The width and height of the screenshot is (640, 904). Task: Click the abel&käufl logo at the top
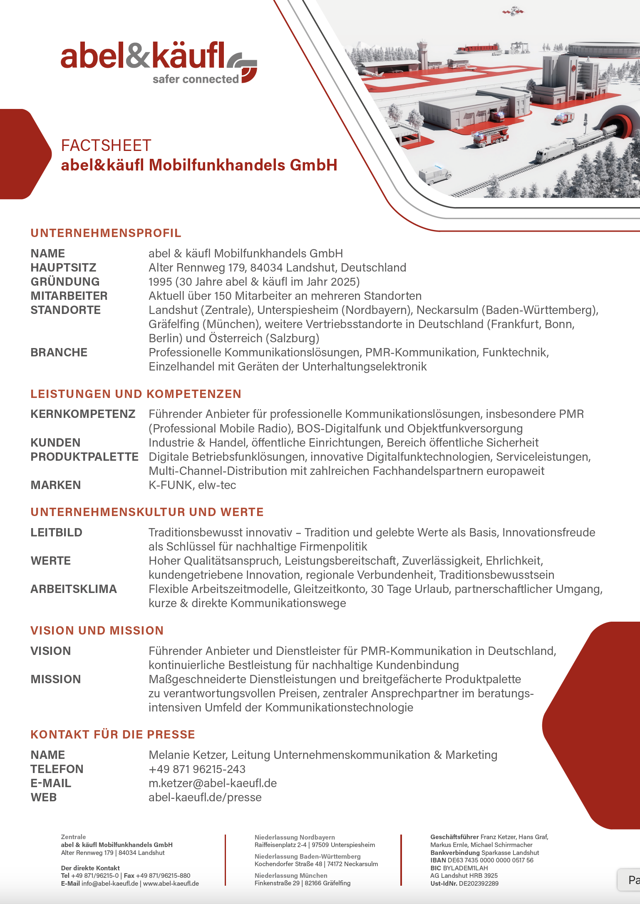[159, 62]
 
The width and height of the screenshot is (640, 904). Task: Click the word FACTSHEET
[106, 146]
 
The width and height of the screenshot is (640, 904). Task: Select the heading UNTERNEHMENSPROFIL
[106, 233]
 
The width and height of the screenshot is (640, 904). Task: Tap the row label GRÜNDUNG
[65, 282]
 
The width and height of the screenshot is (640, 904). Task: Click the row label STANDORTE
[65, 310]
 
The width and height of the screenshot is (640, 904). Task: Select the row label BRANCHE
[59, 352]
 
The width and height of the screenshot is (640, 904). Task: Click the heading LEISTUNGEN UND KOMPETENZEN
[136, 394]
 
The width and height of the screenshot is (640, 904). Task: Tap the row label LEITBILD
[56, 532]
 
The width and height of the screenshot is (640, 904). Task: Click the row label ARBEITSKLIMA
[74, 589]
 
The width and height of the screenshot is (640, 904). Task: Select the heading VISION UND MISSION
[97, 630]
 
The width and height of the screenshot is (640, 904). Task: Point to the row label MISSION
[55, 679]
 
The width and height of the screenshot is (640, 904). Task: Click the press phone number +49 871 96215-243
[197, 769]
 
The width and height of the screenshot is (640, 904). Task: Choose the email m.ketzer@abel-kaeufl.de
[213, 783]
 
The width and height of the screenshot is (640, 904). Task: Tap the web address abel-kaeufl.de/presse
[205, 797]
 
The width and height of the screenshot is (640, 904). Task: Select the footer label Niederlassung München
[290, 875]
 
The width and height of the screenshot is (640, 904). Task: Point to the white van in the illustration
[434, 174]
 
